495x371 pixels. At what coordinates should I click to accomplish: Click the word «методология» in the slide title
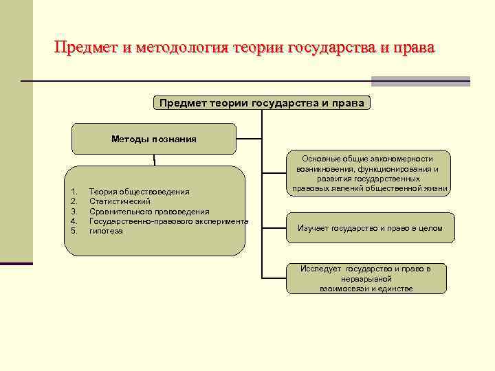click(x=183, y=47)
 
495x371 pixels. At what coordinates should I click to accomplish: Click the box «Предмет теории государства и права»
click(x=261, y=103)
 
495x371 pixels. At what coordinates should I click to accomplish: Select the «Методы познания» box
click(x=154, y=139)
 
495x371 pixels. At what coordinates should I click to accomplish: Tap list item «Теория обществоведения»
click(x=140, y=191)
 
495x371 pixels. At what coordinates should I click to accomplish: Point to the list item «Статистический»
click(x=120, y=201)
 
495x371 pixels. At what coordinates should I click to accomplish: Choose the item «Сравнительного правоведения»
click(x=149, y=212)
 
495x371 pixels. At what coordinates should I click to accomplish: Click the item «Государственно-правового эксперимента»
click(x=169, y=221)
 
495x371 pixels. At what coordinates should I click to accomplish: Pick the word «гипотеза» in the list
click(x=106, y=232)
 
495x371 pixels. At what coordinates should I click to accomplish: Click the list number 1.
click(x=74, y=191)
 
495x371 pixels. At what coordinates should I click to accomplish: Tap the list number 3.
click(x=74, y=212)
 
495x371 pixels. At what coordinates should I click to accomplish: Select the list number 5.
click(x=74, y=232)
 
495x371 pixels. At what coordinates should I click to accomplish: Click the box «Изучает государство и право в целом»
click(x=370, y=228)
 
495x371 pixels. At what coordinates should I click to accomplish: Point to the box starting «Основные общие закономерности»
click(x=370, y=173)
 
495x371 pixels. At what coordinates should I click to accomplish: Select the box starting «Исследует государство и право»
click(x=366, y=278)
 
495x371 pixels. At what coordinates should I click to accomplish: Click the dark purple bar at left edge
click(x=16, y=263)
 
